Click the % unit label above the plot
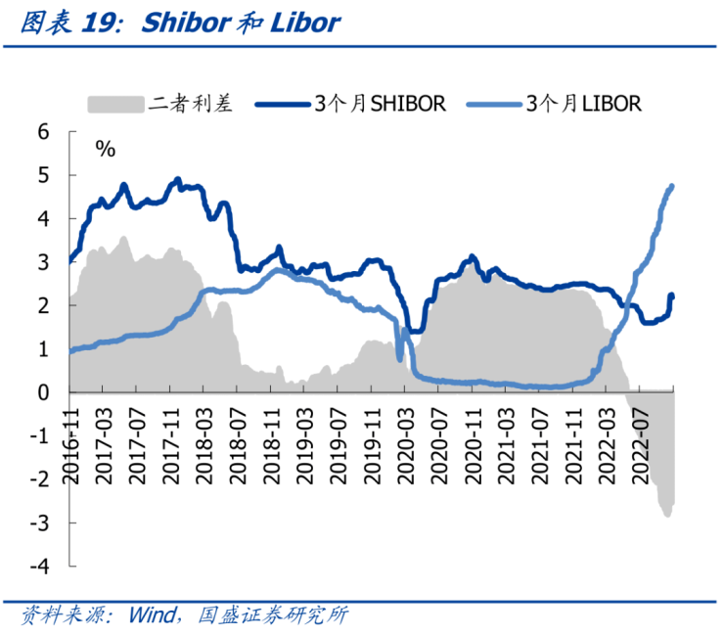105,149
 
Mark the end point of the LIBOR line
672,186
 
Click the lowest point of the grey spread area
666,516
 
